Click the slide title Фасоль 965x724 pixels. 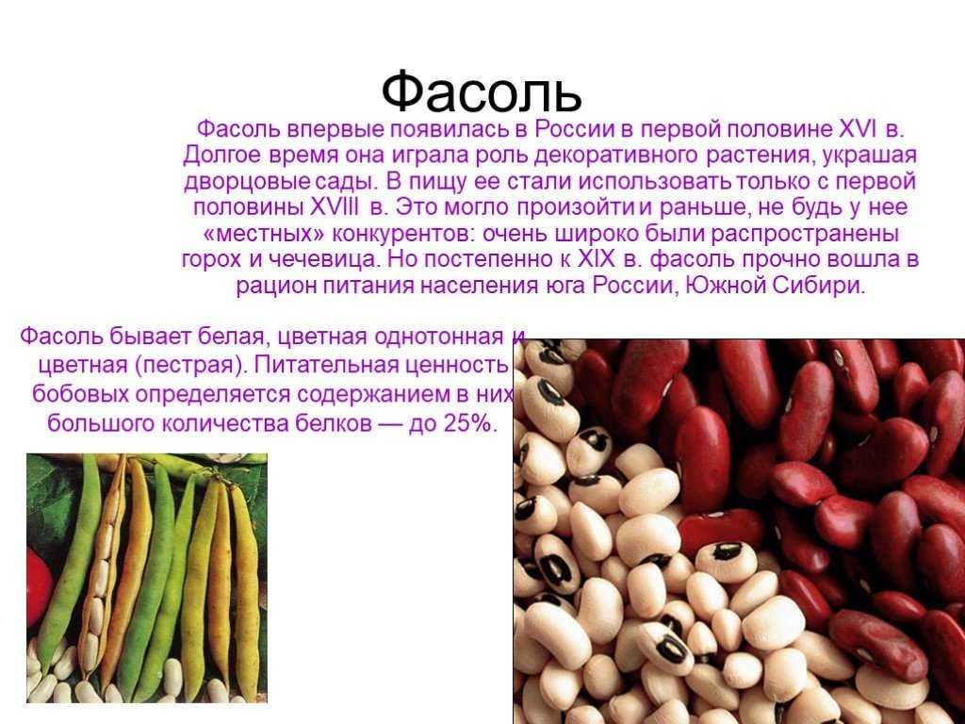(x=482, y=93)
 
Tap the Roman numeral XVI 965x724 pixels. (x=858, y=129)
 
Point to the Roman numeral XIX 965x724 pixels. (x=597, y=259)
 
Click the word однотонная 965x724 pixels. (x=439, y=337)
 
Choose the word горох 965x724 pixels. (x=212, y=260)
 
